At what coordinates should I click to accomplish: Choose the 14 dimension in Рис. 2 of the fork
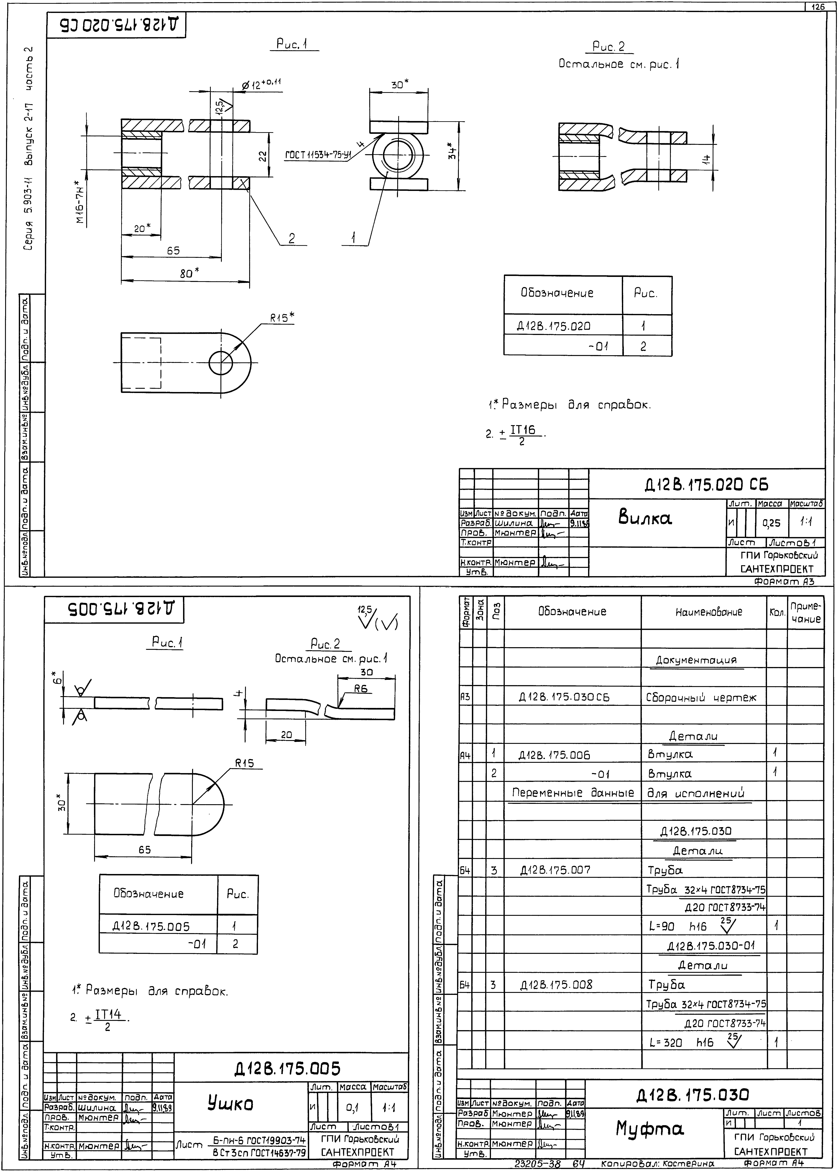click(706, 160)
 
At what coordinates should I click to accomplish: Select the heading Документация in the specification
click(696, 660)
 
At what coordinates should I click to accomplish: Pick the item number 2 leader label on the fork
click(292, 238)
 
